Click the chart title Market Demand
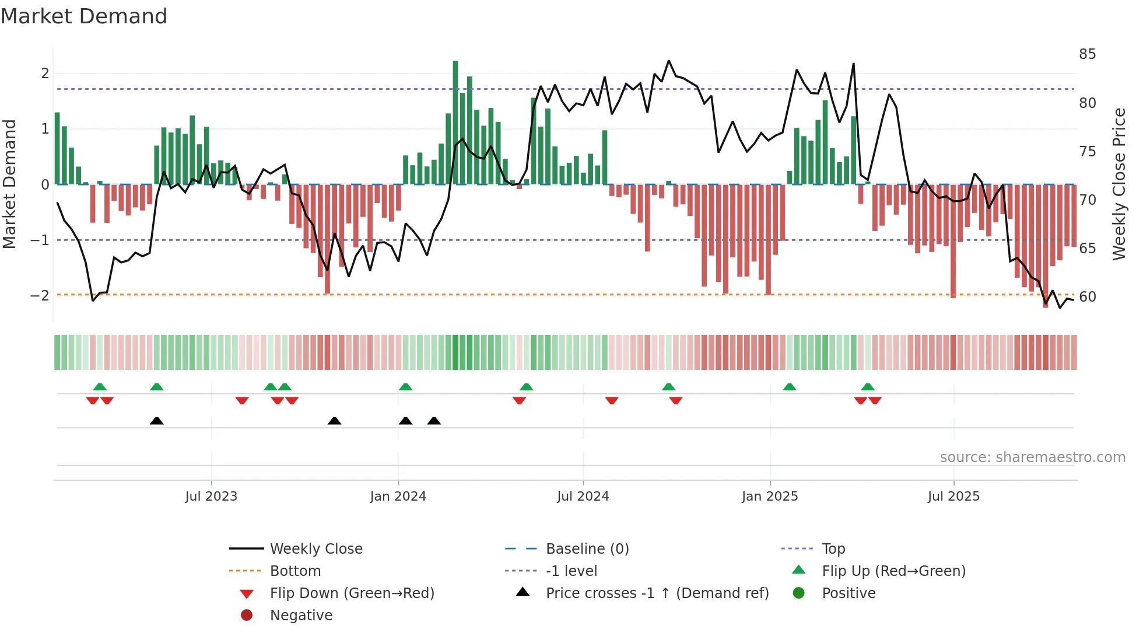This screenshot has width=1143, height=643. coord(84,16)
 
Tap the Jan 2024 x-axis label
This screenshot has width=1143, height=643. coord(398,497)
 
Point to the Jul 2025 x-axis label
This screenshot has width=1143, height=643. coord(953,497)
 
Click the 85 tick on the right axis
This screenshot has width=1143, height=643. coord(1087,54)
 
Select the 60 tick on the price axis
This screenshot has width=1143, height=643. coord(1087,297)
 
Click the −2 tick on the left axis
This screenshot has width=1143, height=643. coord(40,296)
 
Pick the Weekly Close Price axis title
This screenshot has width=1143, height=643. coord(1119,184)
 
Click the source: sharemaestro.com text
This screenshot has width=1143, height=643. coord(1032,457)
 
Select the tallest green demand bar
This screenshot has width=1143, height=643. coord(455,123)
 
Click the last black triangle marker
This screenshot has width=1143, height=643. coord(434,421)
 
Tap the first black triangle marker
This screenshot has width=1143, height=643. coord(156,421)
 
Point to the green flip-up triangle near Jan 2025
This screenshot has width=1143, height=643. coord(789,387)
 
